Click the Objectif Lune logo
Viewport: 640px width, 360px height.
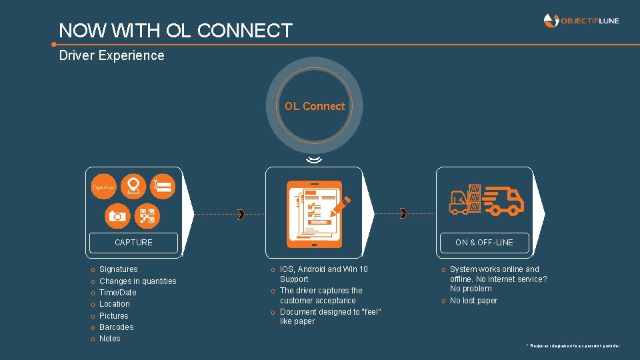[x=581, y=21]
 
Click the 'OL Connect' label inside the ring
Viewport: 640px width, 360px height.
[x=315, y=106]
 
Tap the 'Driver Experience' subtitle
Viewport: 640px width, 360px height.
[x=111, y=55]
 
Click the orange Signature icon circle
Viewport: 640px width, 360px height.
[x=105, y=187]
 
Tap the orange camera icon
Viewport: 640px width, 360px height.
[x=117, y=215]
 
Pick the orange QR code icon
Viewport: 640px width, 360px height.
[x=147, y=215]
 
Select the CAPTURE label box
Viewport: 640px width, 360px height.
[x=133, y=243]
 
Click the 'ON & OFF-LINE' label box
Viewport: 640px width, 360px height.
[x=484, y=243]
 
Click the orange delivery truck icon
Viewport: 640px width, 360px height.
[x=503, y=199]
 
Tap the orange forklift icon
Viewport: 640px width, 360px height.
[x=461, y=203]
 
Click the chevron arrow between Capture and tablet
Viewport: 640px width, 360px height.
[x=241, y=214]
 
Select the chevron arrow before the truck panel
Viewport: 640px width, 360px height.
[x=403, y=213]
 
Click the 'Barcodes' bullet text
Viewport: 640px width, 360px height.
[x=116, y=327]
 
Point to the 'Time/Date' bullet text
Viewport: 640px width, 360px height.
[x=117, y=293]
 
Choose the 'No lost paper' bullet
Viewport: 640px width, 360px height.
[x=473, y=301]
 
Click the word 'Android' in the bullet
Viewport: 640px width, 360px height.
[x=323, y=269]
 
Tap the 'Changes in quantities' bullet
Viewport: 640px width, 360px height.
[x=137, y=281]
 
